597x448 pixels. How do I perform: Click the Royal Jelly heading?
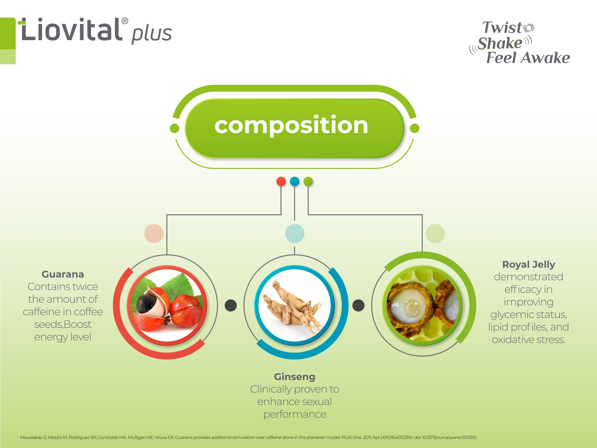point(528,264)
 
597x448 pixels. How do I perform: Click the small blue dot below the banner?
point(294,181)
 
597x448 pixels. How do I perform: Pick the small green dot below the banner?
point(308,181)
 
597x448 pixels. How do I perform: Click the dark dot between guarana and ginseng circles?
point(230,305)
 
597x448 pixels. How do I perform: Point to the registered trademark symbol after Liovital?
point(125,21)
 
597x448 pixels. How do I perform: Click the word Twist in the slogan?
point(502,28)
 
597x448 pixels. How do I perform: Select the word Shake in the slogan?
point(500,43)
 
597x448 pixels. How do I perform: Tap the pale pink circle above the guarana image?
point(154,233)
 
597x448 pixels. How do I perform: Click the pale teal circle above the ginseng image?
point(295,233)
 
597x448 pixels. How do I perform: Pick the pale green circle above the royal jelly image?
point(435,233)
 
